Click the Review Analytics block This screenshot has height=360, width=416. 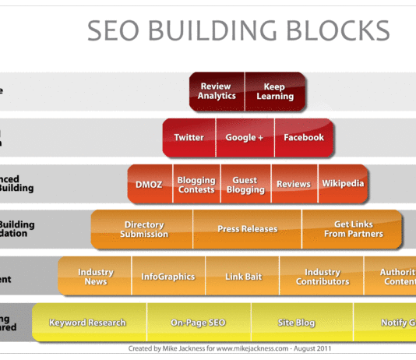217,91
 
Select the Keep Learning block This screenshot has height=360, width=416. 274,91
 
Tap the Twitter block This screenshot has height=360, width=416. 189,138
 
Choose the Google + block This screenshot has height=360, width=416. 244,138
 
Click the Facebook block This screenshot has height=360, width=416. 303,138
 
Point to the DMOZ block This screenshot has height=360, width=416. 150,184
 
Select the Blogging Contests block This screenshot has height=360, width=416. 196,184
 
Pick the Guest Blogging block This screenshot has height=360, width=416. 245,184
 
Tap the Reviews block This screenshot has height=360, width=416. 293,184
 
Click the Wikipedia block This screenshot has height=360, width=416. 343,184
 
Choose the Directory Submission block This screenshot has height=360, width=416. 144,229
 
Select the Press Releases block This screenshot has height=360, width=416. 247,229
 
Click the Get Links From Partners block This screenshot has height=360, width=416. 352,229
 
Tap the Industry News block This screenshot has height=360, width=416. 95,277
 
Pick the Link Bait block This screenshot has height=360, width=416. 241,277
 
